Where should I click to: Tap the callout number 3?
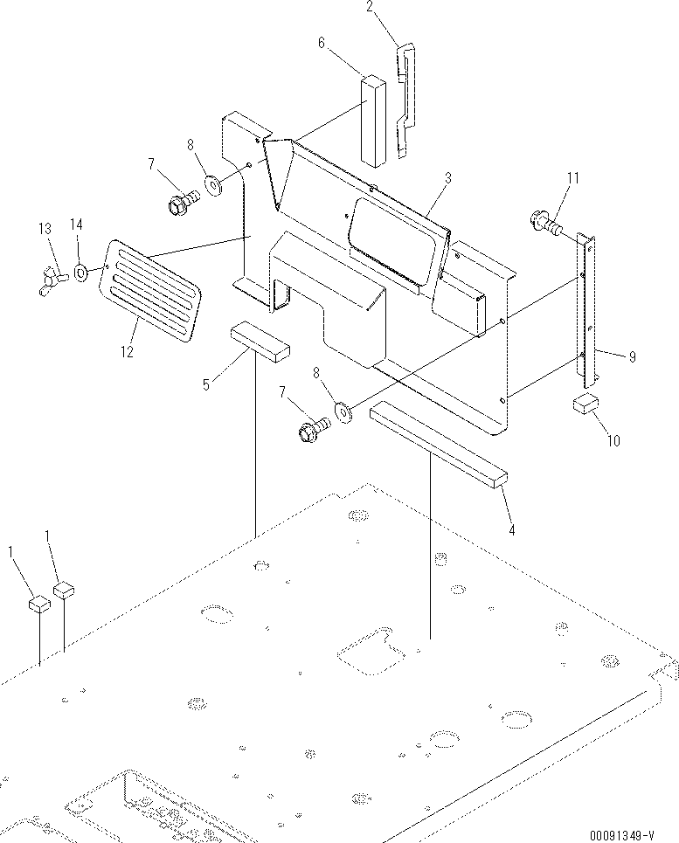[447, 178]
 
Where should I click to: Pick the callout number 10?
[613, 441]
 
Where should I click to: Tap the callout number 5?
[205, 382]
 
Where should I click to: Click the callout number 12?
[128, 351]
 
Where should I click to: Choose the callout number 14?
[76, 225]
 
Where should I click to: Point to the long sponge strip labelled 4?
[437, 444]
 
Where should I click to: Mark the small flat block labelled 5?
[259, 341]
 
